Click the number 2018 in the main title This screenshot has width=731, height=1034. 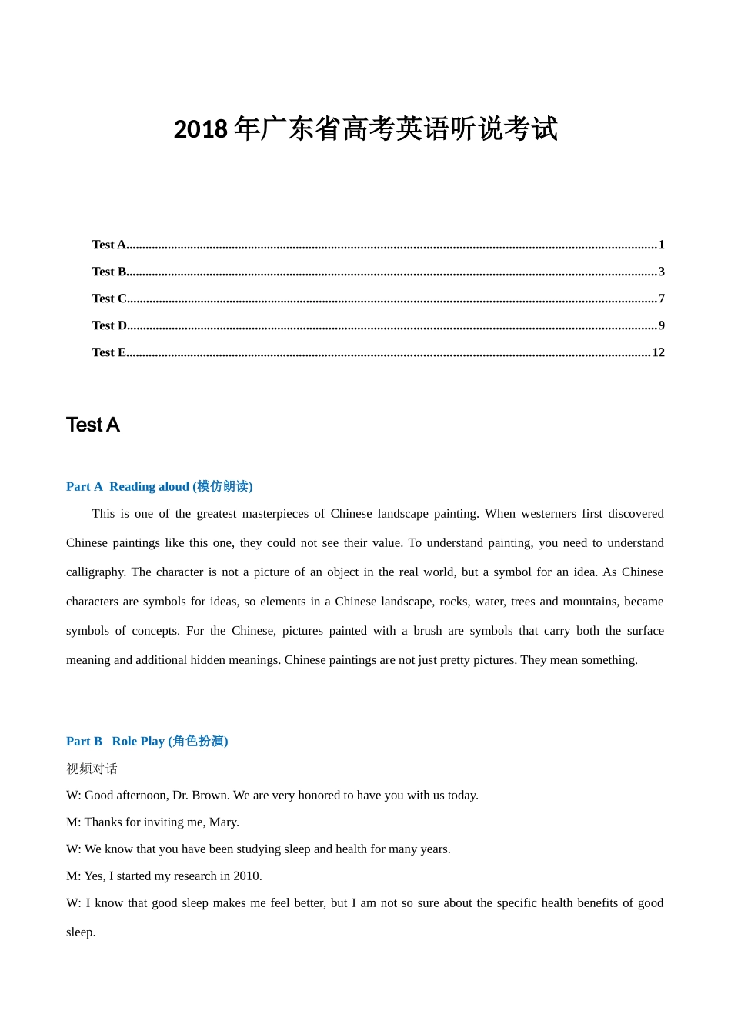coord(200,129)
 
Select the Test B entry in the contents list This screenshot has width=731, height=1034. coord(110,272)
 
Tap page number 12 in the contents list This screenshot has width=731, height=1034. coord(658,352)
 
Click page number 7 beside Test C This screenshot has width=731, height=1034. coord(661,299)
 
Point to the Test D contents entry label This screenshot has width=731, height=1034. coord(110,325)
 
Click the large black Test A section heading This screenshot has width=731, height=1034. coord(93,425)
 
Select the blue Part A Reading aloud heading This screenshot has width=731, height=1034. coord(159,486)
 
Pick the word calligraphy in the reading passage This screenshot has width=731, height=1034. coord(95,572)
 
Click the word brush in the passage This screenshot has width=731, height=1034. coord(427,631)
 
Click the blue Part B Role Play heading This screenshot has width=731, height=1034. coord(147,741)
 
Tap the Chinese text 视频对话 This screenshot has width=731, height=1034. coord(92,769)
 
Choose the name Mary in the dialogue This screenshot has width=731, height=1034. coord(224,822)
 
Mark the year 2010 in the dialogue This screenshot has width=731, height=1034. coord(247,876)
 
